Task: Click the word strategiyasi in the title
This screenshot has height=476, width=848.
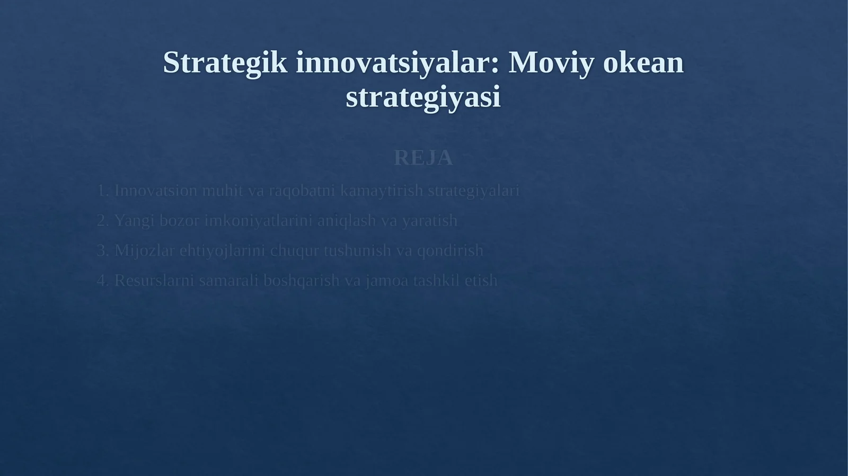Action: click(423, 97)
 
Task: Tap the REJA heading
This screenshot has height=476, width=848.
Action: click(423, 158)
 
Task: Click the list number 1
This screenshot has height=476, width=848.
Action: click(102, 191)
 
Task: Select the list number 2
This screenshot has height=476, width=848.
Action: click(102, 220)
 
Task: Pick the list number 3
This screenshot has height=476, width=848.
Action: click(102, 250)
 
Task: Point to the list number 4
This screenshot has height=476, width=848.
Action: click(102, 280)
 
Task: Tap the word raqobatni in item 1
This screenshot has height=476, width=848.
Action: click(302, 191)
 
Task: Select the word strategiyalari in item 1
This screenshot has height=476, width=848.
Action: click(473, 191)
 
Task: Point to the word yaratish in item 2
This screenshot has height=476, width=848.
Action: click(429, 220)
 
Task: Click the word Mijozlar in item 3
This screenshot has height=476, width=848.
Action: click(144, 250)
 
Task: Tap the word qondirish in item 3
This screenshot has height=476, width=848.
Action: click(450, 250)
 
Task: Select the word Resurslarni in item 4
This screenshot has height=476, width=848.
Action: click(154, 280)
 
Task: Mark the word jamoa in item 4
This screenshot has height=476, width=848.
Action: click(387, 280)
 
